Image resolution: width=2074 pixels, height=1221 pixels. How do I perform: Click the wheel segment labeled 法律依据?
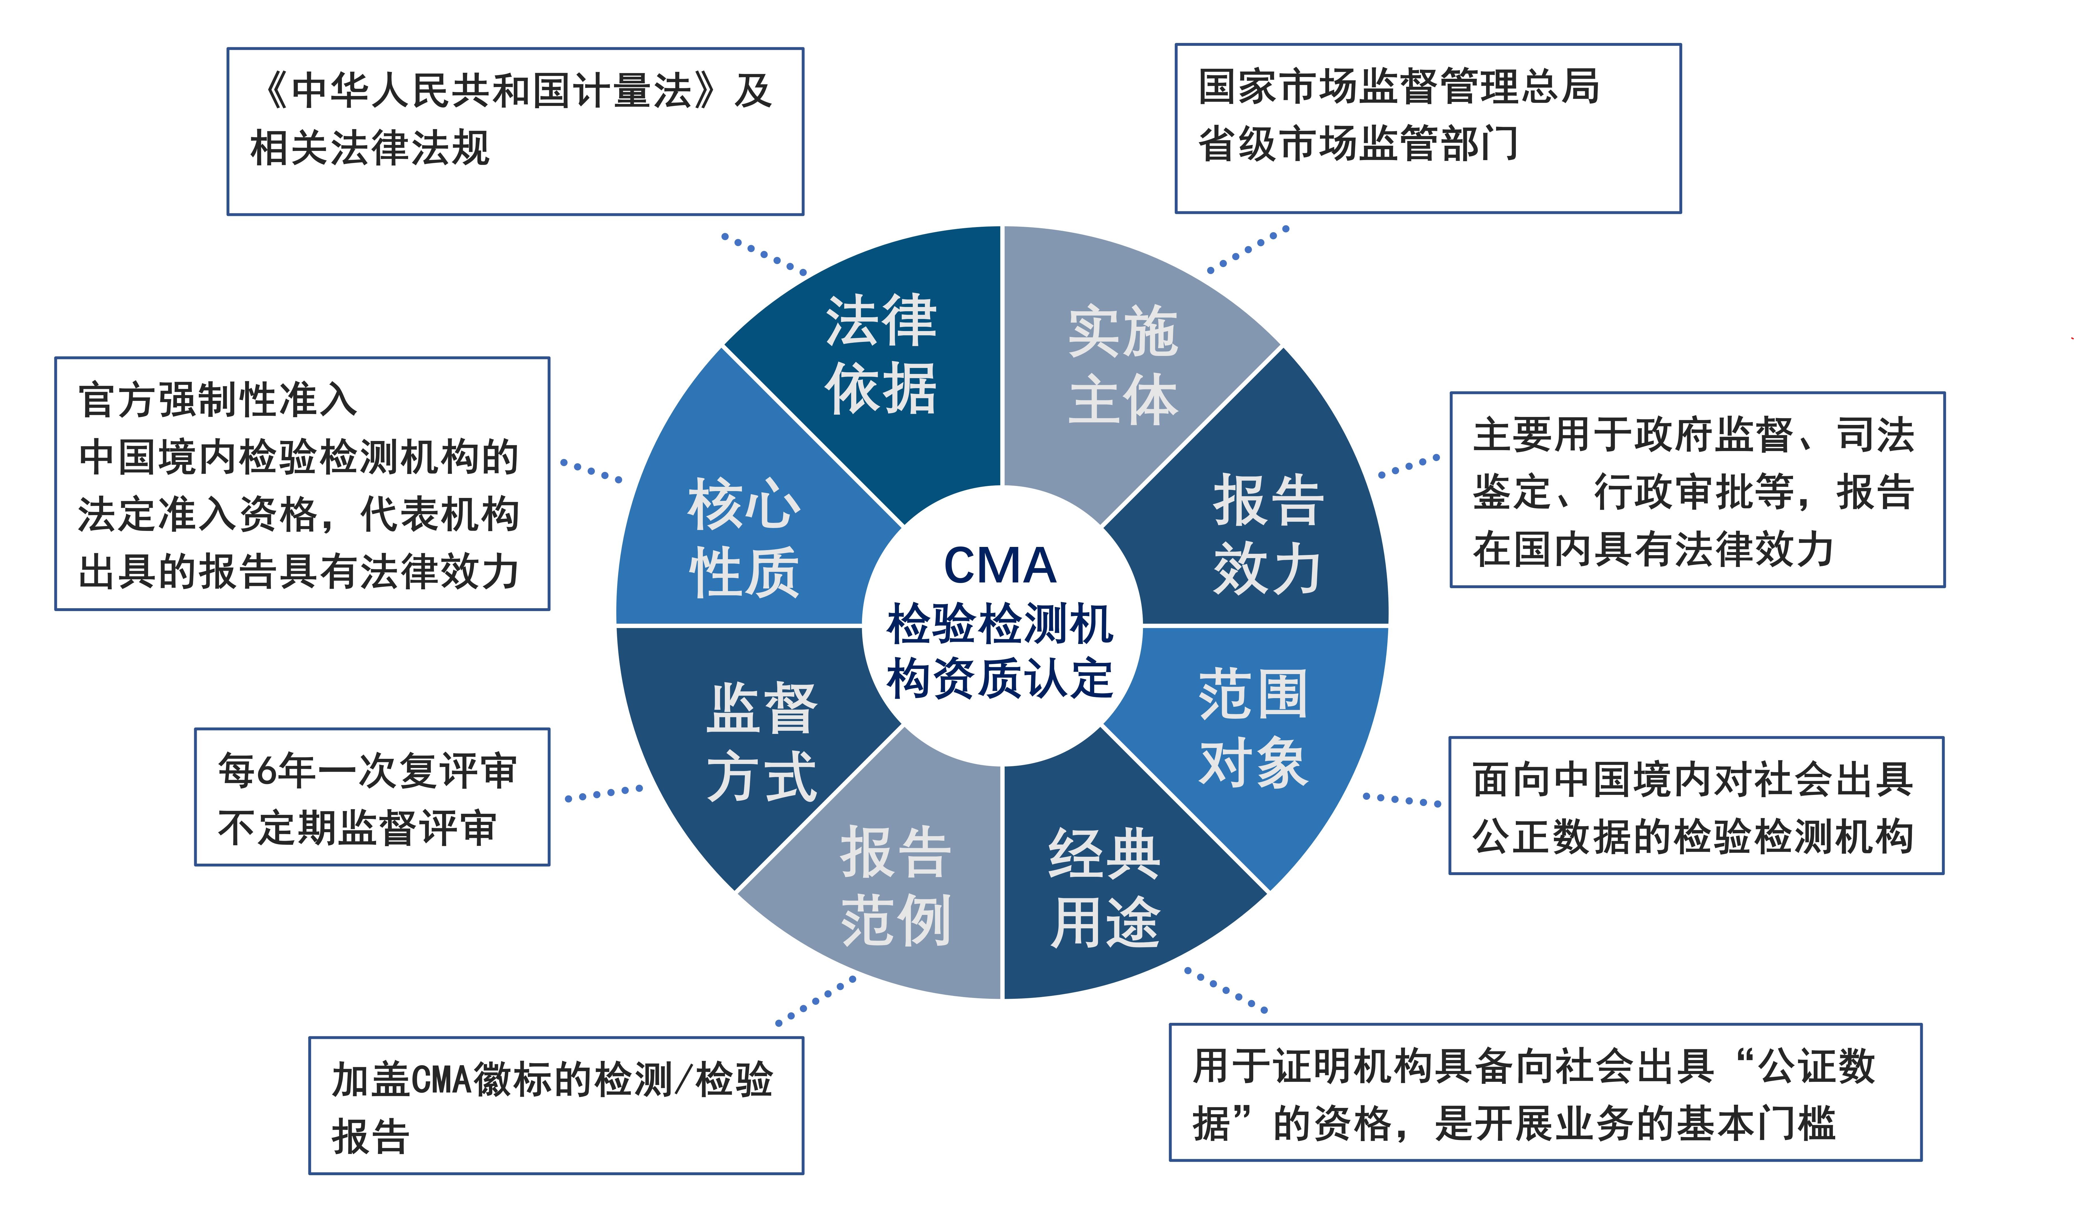(881, 354)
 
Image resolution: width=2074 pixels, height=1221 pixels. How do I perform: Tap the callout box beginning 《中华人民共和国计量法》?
(515, 132)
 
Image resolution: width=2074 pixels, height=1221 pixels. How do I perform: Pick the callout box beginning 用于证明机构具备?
(1545, 1093)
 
